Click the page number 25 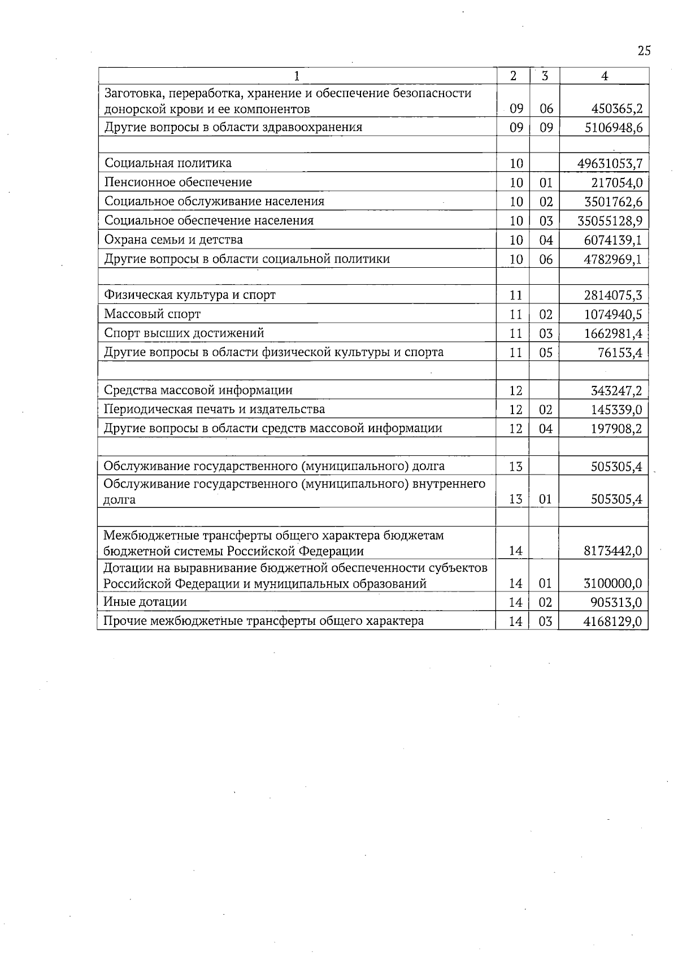pos(644,51)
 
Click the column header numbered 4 pos(605,76)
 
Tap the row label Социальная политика pos(168,163)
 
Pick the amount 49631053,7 pos(610,164)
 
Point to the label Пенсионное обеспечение pos(178,182)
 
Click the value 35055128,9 pos(610,221)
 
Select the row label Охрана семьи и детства pos(173,240)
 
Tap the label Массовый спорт pos(152,314)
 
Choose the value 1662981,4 pos(613,333)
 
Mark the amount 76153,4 pos(620,353)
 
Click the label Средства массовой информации pos(198,390)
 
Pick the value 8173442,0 pos(612,551)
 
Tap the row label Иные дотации pos(145,602)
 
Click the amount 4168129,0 pos(612,622)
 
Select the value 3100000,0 pos(612,584)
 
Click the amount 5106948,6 pos(613,128)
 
